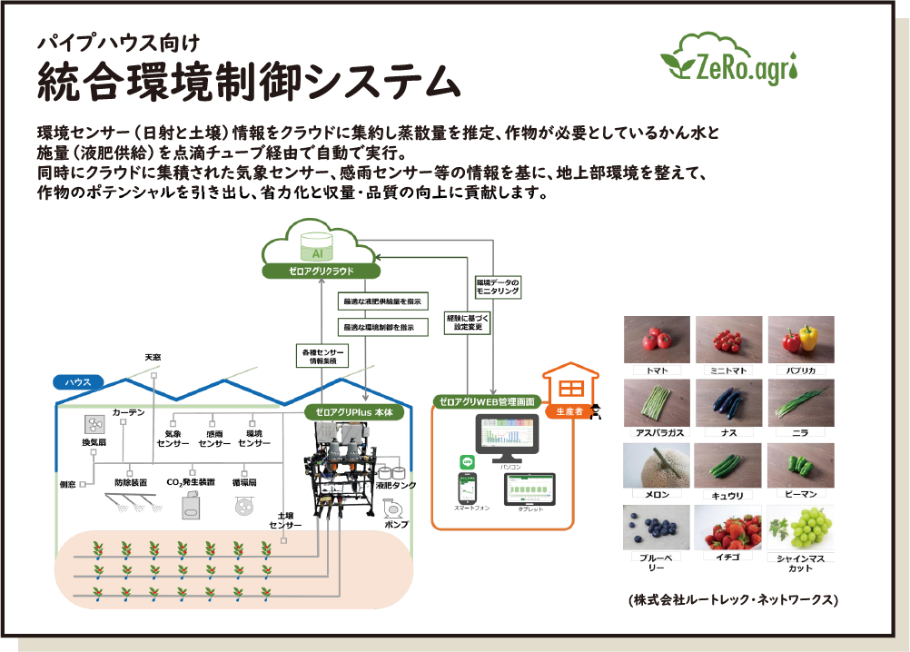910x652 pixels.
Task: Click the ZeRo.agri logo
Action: [731, 60]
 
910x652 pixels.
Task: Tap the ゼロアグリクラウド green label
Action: [320, 271]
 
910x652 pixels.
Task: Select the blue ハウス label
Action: [77, 382]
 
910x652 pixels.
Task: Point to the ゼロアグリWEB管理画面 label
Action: [488, 400]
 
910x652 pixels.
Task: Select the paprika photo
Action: [801, 340]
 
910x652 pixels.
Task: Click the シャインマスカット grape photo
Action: [801, 528]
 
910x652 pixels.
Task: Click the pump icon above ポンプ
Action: [396, 506]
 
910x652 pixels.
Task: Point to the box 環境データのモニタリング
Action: [497, 288]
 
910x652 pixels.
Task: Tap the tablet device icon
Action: [529, 490]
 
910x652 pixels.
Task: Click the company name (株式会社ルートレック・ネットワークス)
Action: [732, 600]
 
